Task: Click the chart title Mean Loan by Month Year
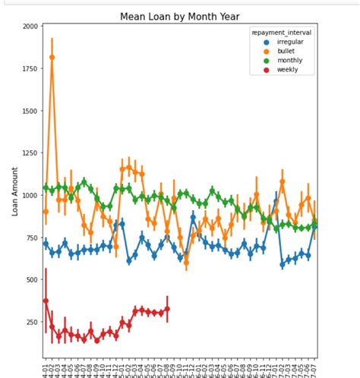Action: [x=179, y=15]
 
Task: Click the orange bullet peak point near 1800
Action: [x=52, y=57]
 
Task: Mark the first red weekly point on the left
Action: [x=46, y=301]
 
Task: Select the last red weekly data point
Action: [x=167, y=309]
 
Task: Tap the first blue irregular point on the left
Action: [x=46, y=244]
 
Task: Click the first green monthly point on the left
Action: [x=46, y=187]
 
